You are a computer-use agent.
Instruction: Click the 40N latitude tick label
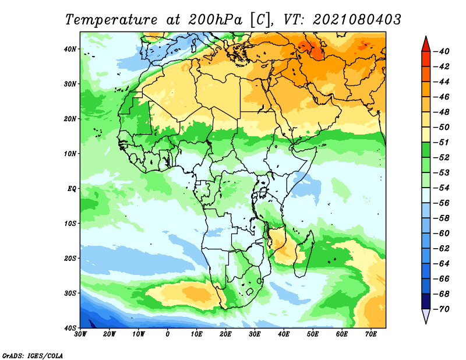(x=70, y=49)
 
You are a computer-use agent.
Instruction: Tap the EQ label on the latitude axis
(x=72, y=189)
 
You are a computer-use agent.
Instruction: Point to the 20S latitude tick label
(x=70, y=258)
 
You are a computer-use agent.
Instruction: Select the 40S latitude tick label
(x=70, y=328)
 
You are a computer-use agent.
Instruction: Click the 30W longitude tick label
(x=80, y=334)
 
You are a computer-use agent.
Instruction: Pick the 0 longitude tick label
(x=168, y=334)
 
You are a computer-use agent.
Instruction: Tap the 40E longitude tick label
(x=284, y=334)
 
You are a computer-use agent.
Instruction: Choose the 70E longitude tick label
(x=371, y=334)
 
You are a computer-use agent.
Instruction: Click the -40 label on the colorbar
(x=441, y=51)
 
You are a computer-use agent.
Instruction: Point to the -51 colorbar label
(x=441, y=142)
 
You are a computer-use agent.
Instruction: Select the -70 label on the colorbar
(x=441, y=309)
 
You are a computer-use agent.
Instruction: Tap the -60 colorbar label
(x=441, y=234)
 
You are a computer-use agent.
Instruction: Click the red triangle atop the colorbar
(x=426, y=45)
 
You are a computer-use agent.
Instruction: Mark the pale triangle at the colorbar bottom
(x=426, y=316)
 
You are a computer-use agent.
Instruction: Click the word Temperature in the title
(x=111, y=20)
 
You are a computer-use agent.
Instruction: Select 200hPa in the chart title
(x=216, y=20)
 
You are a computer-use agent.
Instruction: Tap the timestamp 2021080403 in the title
(x=356, y=20)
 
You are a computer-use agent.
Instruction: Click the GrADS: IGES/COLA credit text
(x=33, y=355)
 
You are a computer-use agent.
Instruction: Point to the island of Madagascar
(x=303, y=253)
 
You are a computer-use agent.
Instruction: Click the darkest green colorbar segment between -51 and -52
(x=426, y=150)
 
